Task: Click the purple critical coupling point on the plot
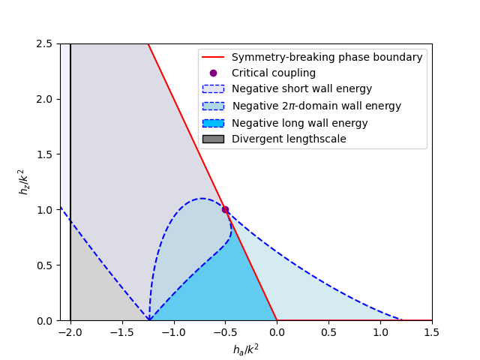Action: [225, 209]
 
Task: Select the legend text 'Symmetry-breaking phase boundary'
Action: [327, 57]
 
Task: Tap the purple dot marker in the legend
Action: [213, 73]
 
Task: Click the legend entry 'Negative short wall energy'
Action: [301, 89]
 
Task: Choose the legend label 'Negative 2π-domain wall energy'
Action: [316, 106]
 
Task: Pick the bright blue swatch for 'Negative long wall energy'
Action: [213, 123]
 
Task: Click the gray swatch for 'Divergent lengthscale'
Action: [213, 139]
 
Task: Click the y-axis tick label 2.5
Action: [46, 43]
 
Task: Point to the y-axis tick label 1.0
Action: [46, 210]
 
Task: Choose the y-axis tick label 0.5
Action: [46, 265]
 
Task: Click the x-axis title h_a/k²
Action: [246, 349]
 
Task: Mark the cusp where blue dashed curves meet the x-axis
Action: [148, 320]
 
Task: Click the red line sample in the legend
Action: [213, 57]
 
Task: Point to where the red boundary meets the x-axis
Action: [277, 320]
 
